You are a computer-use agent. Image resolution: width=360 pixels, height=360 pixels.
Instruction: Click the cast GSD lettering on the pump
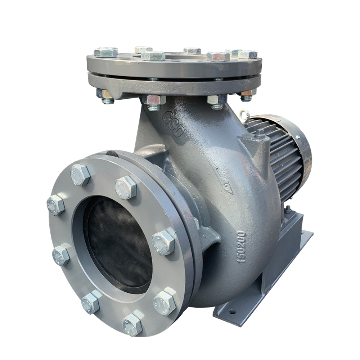[174, 124]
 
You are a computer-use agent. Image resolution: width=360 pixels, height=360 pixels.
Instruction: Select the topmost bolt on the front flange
[80, 175]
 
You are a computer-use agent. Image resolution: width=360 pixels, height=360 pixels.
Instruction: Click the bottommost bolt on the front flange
[132, 324]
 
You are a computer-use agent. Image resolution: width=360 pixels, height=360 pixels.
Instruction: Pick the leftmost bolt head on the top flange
[106, 52]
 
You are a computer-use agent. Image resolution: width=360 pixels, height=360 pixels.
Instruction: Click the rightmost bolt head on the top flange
[248, 54]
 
